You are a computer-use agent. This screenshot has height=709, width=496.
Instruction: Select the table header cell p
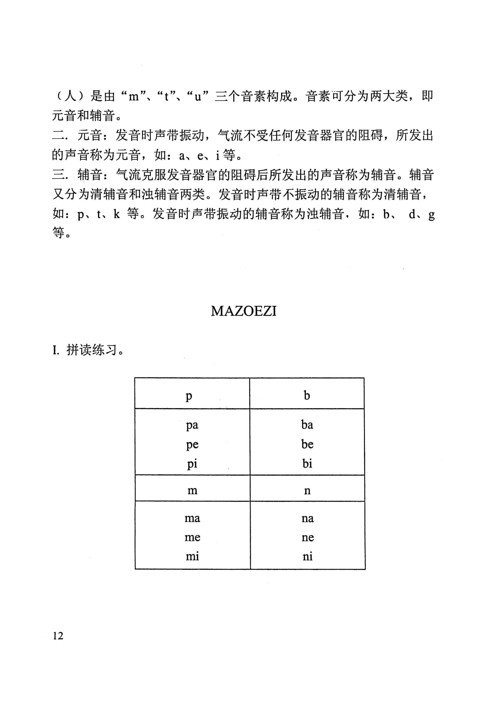(x=189, y=396)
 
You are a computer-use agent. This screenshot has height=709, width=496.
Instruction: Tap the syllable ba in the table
(x=307, y=425)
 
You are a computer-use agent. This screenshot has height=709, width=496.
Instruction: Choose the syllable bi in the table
(x=307, y=464)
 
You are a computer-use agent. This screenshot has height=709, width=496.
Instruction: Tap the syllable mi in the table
(x=192, y=556)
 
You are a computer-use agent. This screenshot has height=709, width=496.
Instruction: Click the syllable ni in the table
(x=307, y=556)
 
